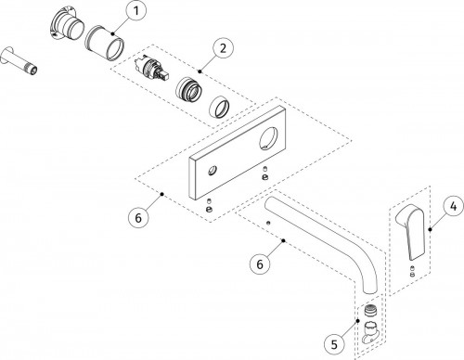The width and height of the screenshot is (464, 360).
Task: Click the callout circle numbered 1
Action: pos(135,11)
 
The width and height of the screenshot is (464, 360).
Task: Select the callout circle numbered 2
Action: pos(224,48)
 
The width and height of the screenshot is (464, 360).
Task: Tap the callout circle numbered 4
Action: pos(453,206)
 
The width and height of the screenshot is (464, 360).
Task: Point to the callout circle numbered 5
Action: pos(334,344)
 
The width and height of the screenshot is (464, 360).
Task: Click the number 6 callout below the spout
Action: pos(260,264)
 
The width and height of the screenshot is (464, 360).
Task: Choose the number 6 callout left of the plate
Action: pos(138,218)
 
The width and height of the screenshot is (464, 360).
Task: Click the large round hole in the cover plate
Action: pos(268,138)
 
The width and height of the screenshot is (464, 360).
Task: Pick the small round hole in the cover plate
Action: pos(213,171)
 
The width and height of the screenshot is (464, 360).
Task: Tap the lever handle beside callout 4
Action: pos(411,232)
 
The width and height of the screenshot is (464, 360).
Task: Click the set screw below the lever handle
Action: pos(412,271)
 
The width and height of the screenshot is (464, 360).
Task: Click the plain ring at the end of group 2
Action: pos(220,107)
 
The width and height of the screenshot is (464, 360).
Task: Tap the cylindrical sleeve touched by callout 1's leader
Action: pos(104,43)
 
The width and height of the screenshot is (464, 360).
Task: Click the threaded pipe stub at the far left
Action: pos(19,60)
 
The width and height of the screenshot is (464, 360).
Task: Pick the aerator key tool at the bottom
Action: pos(371,332)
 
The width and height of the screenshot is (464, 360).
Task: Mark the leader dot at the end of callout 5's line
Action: pos(358,321)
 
